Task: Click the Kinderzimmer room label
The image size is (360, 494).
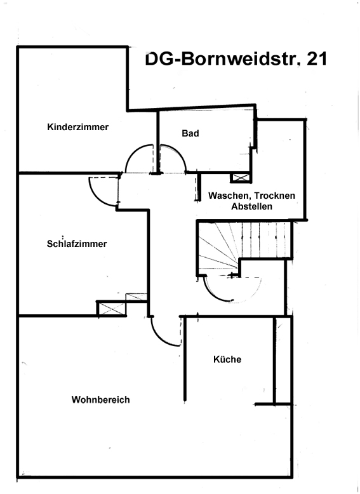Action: pyautogui.click(x=78, y=127)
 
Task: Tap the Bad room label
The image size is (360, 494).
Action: pyautogui.click(x=190, y=133)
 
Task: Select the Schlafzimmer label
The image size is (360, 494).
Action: pyautogui.click(x=77, y=244)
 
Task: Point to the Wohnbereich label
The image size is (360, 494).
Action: pyautogui.click(x=101, y=400)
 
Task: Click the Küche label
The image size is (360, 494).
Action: pyautogui.click(x=227, y=359)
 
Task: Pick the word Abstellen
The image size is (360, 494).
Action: pyautogui.click(x=251, y=206)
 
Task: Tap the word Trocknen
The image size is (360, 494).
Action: pyautogui.click(x=275, y=196)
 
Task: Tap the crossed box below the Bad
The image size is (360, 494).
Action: pyautogui.click(x=241, y=178)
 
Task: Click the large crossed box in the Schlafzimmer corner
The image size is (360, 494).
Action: pyautogui.click(x=112, y=309)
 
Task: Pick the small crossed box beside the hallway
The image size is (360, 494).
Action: pyautogui.click(x=137, y=297)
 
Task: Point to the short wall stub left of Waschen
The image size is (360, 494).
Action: pyautogui.click(x=199, y=187)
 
